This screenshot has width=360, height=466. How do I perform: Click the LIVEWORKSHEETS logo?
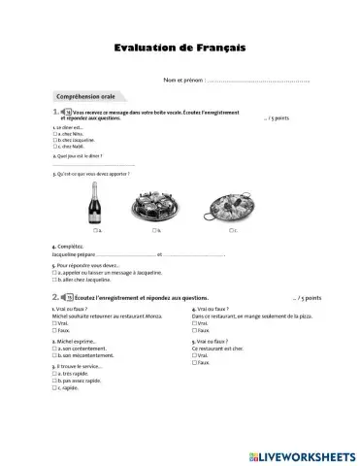[299, 453]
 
